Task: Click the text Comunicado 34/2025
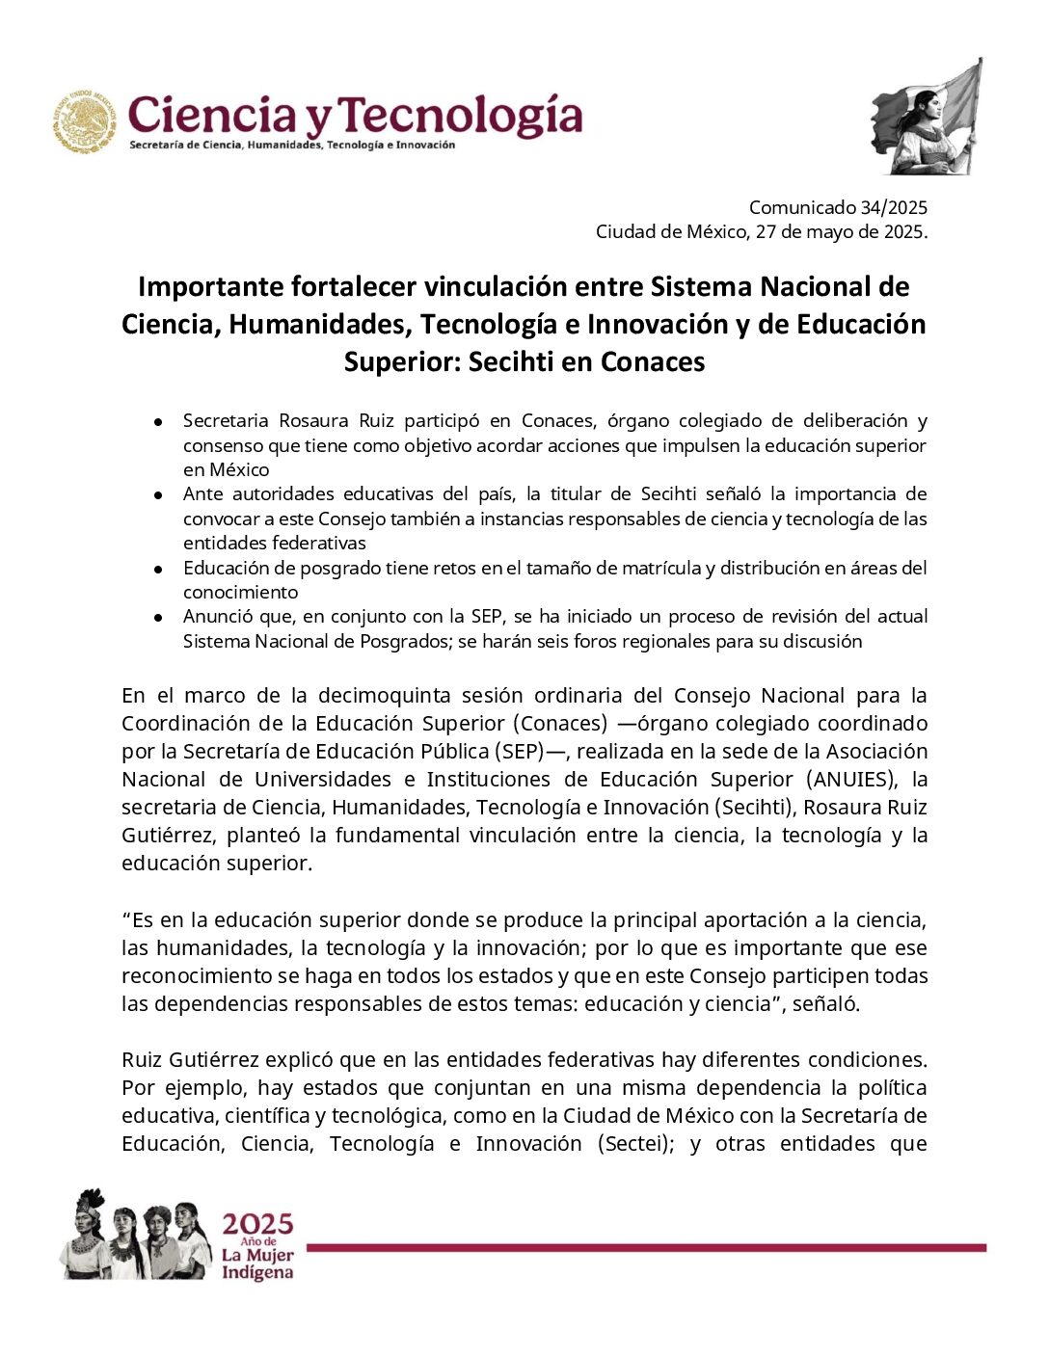(x=837, y=207)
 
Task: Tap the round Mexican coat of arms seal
(x=85, y=122)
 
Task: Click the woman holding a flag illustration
(x=927, y=119)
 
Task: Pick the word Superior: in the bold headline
(x=400, y=362)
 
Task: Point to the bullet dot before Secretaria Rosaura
(x=158, y=422)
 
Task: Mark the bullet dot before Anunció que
(x=158, y=618)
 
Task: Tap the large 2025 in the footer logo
(x=257, y=1225)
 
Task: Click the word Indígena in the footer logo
(x=256, y=1273)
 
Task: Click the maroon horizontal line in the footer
(x=646, y=1248)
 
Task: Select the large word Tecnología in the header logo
(x=462, y=117)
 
